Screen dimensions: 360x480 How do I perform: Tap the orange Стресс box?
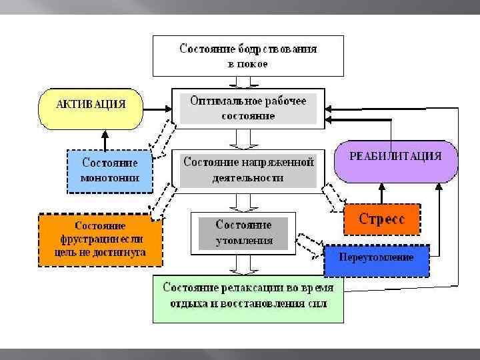[382, 219]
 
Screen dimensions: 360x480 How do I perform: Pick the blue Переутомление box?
[376, 258]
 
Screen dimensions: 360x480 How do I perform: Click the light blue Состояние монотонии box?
[109, 170]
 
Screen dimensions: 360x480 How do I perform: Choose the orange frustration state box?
[101, 239]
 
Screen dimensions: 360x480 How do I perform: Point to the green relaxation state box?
[248, 299]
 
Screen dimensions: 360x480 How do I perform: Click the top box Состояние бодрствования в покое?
[248, 56]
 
